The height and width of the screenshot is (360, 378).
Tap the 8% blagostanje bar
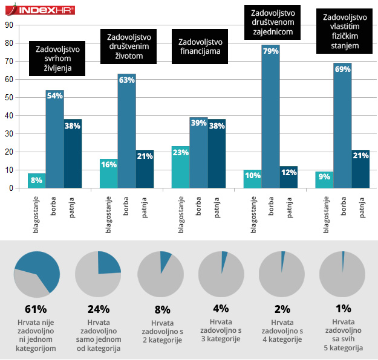click(x=36, y=181)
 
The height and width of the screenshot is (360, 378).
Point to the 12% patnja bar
click(x=288, y=177)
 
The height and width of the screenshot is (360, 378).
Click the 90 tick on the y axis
click(x=9, y=25)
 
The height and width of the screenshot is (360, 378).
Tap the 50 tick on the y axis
click(x=9, y=97)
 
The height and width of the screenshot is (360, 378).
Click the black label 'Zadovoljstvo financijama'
click(x=201, y=47)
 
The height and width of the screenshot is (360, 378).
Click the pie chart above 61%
click(x=37, y=274)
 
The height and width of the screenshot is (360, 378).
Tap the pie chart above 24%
click(x=99, y=274)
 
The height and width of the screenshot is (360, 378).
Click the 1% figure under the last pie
click(x=343, y=309)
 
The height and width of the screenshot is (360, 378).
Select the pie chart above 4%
click(x=221, y=274)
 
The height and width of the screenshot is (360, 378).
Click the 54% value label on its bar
click(x=54, y=96)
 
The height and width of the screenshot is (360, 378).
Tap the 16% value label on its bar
click(x=108, y=164)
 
